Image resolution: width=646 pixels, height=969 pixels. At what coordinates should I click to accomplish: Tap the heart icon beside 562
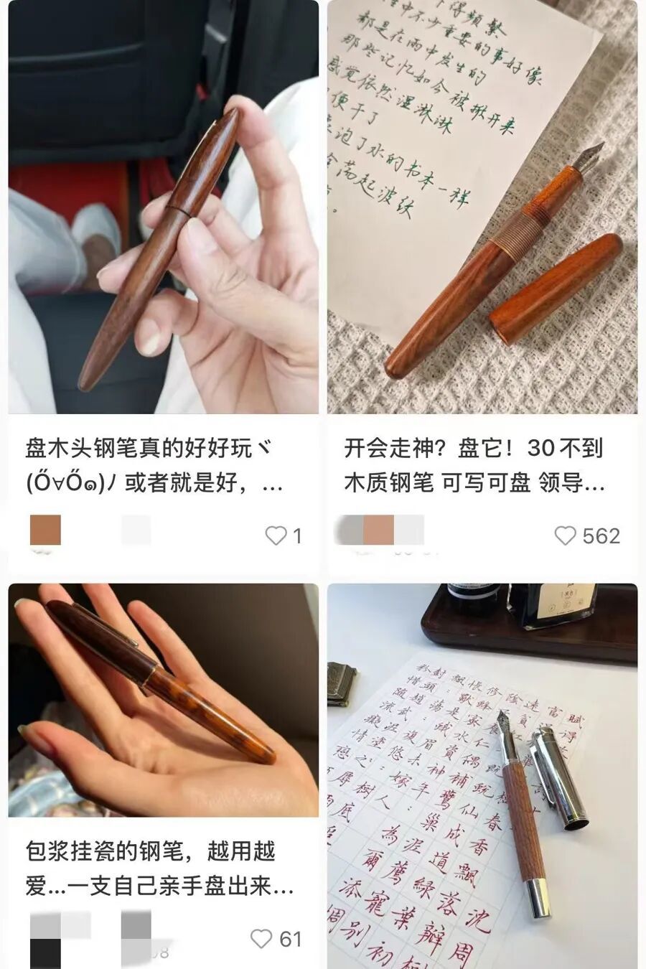[566, 535]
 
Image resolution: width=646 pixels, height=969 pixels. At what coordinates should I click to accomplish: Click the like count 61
[291, 939]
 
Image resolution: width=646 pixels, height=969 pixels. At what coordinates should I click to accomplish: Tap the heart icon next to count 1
[276, 535]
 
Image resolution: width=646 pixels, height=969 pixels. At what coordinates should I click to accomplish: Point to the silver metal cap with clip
[558, 775]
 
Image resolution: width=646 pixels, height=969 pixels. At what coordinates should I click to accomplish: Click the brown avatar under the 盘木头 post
[45, 530]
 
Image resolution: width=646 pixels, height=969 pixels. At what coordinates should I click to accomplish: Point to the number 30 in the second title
[540, 449]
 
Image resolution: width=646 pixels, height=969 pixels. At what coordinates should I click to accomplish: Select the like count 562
[601, 536]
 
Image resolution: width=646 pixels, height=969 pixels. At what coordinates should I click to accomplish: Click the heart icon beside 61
[261, 939]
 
